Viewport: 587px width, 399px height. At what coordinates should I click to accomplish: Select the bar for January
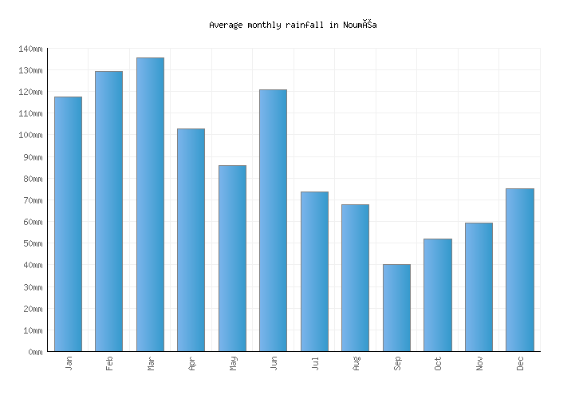click(x=68, y=223)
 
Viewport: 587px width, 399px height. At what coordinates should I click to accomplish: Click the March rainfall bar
click(x=150, y=204)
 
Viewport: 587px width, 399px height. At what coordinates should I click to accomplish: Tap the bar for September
click(x=396, y=307)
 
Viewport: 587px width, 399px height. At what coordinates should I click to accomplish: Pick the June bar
click(x=273, y=220)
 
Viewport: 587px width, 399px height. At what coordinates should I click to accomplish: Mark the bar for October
click(x=437, y=294)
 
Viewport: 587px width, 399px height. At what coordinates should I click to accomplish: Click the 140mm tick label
click(x=30, y=49)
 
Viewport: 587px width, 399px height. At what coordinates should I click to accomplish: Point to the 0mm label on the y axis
click(x=35, y=352)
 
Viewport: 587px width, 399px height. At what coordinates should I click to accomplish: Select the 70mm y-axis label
click(x=33, y=200)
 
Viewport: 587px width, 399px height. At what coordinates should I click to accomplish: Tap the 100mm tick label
click(x=30, y=136)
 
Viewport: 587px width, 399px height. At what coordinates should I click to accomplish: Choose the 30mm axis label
click(x=33, y=287)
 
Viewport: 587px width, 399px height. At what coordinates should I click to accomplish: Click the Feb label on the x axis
click(x=109, y=363)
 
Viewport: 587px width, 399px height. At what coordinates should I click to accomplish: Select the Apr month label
click(x=191, y=363)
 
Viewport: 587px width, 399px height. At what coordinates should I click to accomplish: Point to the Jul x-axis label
click(x=315, y=363)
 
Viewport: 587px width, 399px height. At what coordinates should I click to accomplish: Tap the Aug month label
click(x=356, y=363)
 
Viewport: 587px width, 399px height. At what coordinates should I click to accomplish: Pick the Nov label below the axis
click(x=479, y=363)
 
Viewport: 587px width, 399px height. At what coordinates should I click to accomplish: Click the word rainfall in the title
click(x=301, y=25)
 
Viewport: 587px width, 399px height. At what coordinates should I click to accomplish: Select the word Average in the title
click(x=226, y=25)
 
